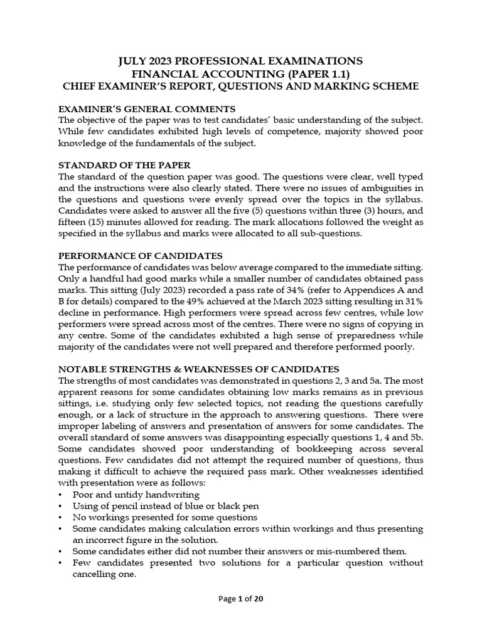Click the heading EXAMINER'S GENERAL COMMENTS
147,108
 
